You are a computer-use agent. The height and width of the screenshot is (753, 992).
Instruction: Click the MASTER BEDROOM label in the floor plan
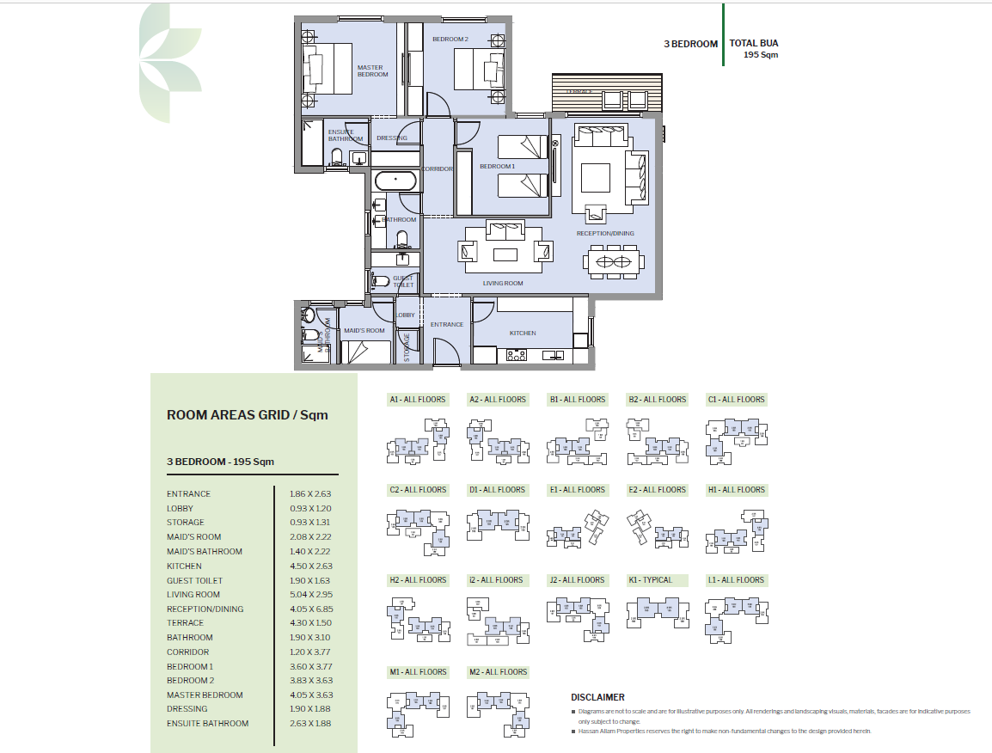[x=372, y=71]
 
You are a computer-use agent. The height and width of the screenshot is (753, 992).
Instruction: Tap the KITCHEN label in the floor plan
[x=523, y=334]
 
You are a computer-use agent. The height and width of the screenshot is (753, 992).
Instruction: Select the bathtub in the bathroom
[x=395, y=182]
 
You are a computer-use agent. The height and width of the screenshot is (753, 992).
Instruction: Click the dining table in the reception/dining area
[x=613, y=260]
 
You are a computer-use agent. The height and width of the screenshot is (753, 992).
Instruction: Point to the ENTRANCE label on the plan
[x=447, y=325]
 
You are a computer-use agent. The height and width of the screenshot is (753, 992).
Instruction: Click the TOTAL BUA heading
[x=754, y=43]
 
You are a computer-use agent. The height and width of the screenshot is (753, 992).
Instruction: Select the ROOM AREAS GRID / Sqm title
[x=247, y=415]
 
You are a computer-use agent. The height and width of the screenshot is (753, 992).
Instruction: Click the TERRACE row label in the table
[x=185, y=623]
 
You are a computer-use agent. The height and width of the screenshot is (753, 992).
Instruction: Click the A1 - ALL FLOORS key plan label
[x=418, y=400]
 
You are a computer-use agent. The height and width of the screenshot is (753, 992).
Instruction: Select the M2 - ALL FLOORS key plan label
[x=498, y=672]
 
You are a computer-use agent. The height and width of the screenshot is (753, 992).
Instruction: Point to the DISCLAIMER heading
[x=597, y=697]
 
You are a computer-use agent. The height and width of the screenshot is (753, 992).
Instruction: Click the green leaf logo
[x=170, y=62]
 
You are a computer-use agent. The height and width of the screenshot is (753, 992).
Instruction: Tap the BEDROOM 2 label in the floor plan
[x=450, y=40]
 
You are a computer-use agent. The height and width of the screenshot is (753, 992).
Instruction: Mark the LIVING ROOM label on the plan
[x=502, y=284]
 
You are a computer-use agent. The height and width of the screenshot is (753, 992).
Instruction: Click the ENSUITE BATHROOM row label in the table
[x=207, y=724]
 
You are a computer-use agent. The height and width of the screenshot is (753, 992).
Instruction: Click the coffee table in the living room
[x=505, y=254]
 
